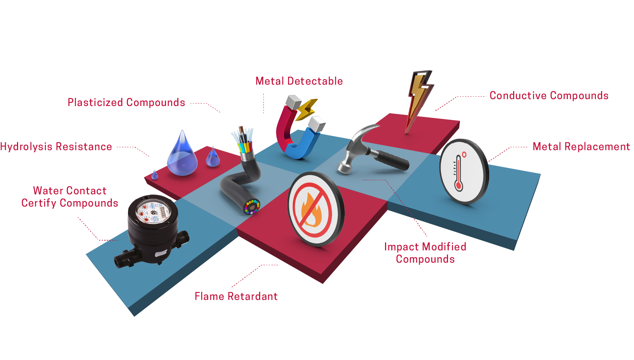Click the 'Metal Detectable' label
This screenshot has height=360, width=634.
299,81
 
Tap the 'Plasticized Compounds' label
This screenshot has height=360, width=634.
126,102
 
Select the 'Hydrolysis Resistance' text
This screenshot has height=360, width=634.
56,147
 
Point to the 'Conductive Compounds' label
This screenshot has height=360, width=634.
549,96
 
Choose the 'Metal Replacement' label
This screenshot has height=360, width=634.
581,147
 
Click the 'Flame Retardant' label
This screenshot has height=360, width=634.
236,296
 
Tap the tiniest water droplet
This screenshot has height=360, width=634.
155,175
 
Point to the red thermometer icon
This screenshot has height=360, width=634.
459,172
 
